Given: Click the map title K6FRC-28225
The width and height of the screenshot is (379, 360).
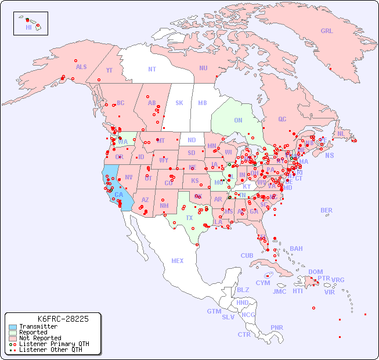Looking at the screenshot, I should tap(63, 319).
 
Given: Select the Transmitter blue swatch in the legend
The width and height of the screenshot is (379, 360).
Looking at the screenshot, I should tap(12, 327).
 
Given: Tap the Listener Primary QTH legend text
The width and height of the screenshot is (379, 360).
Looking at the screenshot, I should tap(53, 344).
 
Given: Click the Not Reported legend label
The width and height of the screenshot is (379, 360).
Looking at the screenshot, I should tap(39, 338).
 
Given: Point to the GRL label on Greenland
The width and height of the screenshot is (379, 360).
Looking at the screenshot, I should tap(327, 31).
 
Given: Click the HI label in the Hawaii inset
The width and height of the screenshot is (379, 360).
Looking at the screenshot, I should tap(28, 27).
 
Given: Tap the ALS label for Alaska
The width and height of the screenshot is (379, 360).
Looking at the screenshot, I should tap(81, 67).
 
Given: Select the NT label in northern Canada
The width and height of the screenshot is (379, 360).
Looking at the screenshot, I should tap(152, 69).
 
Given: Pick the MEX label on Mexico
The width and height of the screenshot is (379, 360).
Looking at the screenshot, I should tap(178, 261).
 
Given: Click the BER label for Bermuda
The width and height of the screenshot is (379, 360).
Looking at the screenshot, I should tap(326, 210).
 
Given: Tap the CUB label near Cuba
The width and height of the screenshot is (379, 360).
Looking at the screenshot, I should tap(247, 255).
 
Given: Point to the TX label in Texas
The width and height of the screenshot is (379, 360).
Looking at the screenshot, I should tap(189, 218).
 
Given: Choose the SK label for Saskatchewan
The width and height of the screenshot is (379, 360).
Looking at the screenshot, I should tap(179, 103).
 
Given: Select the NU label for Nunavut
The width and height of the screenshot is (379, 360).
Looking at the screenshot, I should tap(203, 68).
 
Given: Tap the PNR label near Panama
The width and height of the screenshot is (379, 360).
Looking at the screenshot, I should tap(277, 327).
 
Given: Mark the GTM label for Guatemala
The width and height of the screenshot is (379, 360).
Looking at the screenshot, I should tap(214, 311).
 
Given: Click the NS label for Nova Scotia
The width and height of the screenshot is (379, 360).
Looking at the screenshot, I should tap(329, 155).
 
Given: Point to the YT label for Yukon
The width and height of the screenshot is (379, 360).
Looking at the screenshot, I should tap(109, 70).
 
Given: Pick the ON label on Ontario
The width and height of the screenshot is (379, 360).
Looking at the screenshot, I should tap(238, 120).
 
